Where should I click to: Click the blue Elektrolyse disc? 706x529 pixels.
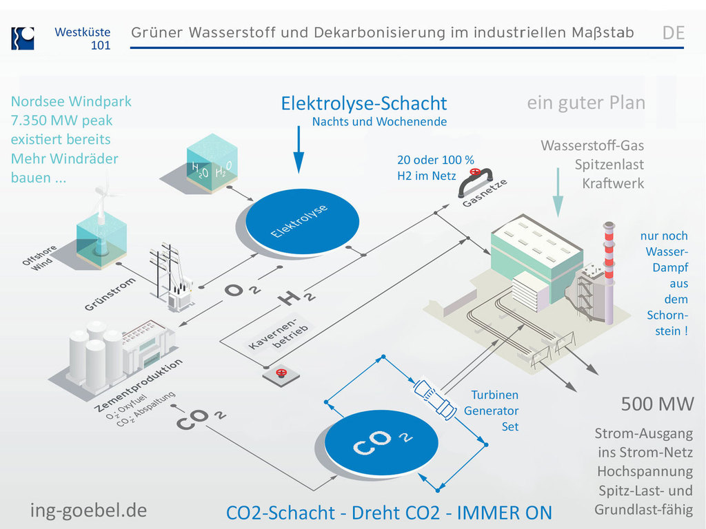click(303, 218)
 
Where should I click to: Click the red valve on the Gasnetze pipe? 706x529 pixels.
click(474, 172)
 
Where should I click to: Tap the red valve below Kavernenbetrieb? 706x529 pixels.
click(281, 374)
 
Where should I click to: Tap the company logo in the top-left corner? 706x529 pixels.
click(22, 38)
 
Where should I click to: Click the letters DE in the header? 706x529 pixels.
click(673, 32)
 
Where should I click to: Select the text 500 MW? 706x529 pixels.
click(657, 404)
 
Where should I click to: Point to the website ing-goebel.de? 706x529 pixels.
click(88, 510)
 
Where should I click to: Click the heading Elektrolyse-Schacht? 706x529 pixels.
click(364, 103)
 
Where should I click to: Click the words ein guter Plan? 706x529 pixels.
click(586, 103)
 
